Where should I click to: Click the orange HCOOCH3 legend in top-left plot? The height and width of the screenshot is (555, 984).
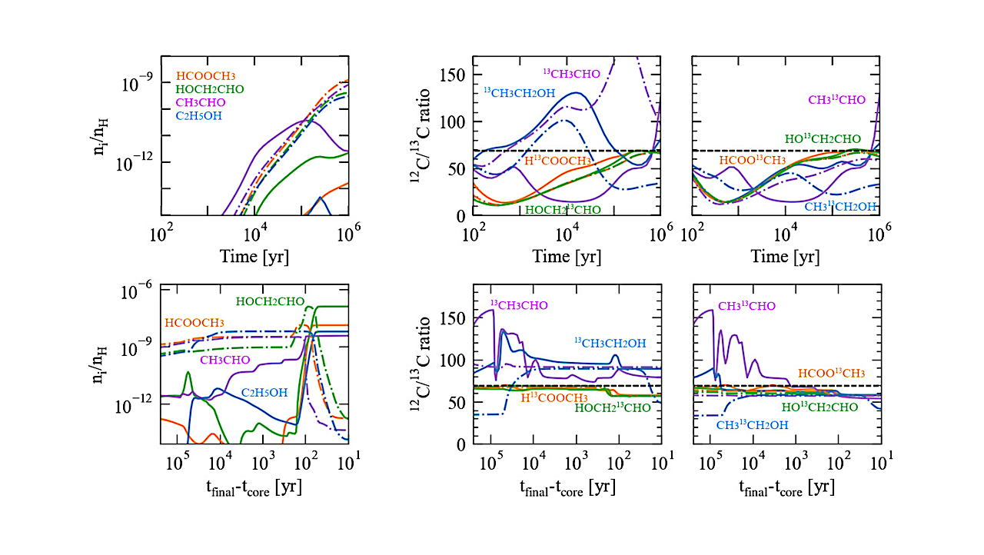pyautogui.click(x=205, y=75)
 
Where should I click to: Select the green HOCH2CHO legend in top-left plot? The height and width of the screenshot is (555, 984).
pyautogui.click(x=210, y=89)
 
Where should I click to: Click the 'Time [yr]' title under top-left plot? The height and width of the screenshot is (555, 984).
pyautogui.click(x=254, y=257)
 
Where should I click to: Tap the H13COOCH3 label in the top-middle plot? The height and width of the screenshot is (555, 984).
pyautogui.click(x=557, y=161)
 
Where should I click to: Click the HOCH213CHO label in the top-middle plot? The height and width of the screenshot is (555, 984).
pyautogui.click(x=563, y=209)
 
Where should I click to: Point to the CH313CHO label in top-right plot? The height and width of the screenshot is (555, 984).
pyautogui.click(x=836, y=100)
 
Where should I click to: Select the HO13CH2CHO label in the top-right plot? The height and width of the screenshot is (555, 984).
pyautogui.click(x=823, y=139)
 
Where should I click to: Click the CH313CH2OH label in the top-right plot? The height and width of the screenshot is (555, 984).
pyautogui.click(x=840, y=206)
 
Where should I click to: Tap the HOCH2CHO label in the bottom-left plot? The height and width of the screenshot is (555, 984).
pyautogui.click(x=270, y=301)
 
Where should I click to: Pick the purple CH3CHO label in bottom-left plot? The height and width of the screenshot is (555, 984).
pyautogui.click(x=227, y=359)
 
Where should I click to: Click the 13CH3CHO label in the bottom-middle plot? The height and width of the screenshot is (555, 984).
pyautogui.click(x=519, y=305)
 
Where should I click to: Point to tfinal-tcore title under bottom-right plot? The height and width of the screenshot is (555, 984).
pyautogui.click(x=786, y=487)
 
